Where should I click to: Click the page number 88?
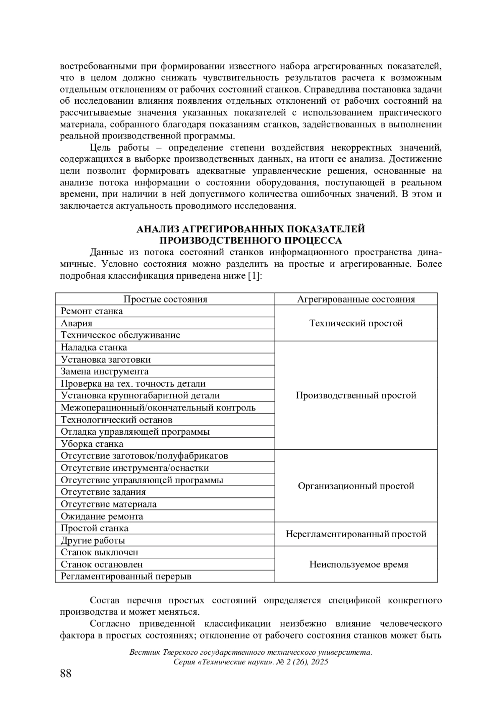pyautogui.click(x=66, y=674)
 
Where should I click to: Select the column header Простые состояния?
pyautogui.click(x=165, y=299)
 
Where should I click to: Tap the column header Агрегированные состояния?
pyautogui.click(x=356, y=299)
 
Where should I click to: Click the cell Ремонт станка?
pyautogui.click(x=92, y=311)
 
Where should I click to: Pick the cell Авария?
pyautogui.click(x=77, y=323)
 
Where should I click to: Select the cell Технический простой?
pyautogui.click(x=356, y=323)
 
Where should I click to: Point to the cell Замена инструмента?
pyautogui.click(x=105, y=372)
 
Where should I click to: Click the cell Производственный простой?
pyautogui.click(x=356, y=395)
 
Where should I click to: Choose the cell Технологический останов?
pyautogui.click(x=117, y=420)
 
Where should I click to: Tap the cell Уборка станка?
pyautogui.click(x=92, y=444)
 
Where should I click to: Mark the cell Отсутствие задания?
pyautogui.click(x=103, y=492)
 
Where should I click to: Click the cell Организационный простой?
pyautogui.click(x=356, y=486)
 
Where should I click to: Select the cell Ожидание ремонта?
pyautogui.click(x=102, y=516)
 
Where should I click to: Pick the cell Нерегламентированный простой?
pyautogui.click(x=356, y=534)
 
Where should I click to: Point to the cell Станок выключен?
pyautogui.click(x=100, y=552)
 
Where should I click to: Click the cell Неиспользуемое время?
pyautogui.click(x=356, y=564)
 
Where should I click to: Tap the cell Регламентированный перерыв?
pyautogui.click(x=126, y=577)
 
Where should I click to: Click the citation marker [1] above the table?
pyautogui.click(x=254, y=276)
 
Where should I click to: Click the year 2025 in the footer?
pyautogui.click(x=319, y=662)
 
